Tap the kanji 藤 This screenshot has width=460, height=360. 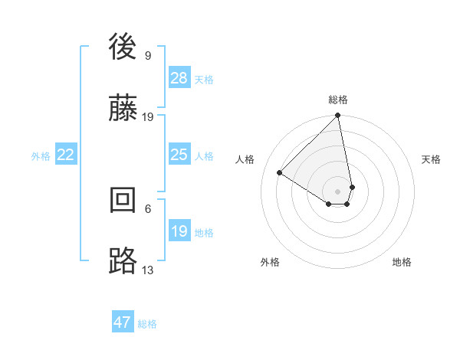(124, 109)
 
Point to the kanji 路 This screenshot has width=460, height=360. (124, 260)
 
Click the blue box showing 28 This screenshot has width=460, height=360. (179, 78)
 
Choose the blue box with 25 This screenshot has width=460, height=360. (179, 155)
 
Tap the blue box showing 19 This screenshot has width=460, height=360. (179, 231)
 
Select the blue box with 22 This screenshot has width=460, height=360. (66, 155)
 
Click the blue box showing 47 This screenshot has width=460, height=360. (123, 322)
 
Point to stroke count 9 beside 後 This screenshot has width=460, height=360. (148, 55)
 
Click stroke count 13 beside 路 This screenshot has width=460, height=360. (148, 270)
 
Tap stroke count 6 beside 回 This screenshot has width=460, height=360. (148, 208)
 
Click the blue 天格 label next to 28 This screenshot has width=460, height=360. (204, 80)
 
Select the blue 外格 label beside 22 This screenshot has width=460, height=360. (41, 156)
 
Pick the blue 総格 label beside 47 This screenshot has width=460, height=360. (147, 324)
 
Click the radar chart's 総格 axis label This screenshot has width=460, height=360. (338, 100)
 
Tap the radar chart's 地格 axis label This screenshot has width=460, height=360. (402, 263)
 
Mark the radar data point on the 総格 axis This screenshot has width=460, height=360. (338, 116)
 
